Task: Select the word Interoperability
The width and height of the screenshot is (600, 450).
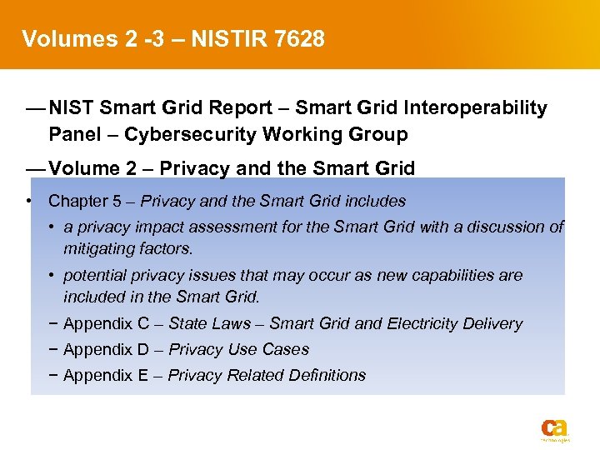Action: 473,107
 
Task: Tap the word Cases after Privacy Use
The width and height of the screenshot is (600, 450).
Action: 286,349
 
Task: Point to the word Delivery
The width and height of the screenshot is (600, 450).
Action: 493,323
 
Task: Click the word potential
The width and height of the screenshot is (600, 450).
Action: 96,275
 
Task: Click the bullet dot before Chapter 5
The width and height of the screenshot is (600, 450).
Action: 29,201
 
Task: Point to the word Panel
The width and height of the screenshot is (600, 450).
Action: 73,134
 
